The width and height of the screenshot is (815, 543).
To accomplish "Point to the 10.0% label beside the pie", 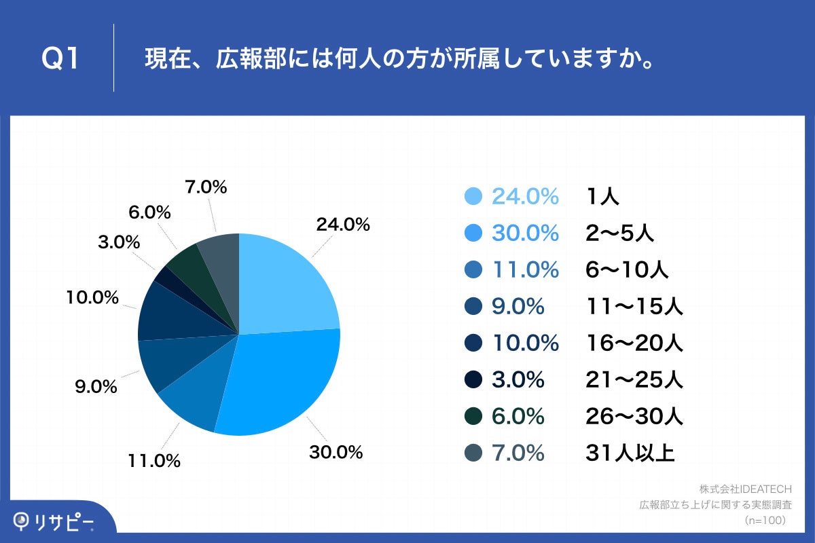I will [93, 297].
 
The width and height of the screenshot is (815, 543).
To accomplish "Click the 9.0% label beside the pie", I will [96, 388].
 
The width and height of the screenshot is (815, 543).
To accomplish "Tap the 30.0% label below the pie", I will [336, 452].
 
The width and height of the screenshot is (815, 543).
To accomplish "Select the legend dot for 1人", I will [473, 197].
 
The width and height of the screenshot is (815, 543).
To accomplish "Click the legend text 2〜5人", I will [619, 233].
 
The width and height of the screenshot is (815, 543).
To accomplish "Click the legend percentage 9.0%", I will [518, 307].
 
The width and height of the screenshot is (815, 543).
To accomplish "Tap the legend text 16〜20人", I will [634, 343].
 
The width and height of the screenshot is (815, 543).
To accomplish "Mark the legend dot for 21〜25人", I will [473, 380].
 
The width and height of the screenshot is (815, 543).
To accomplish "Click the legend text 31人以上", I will [630, 453].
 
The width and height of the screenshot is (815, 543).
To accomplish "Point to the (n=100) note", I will [765, 521].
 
